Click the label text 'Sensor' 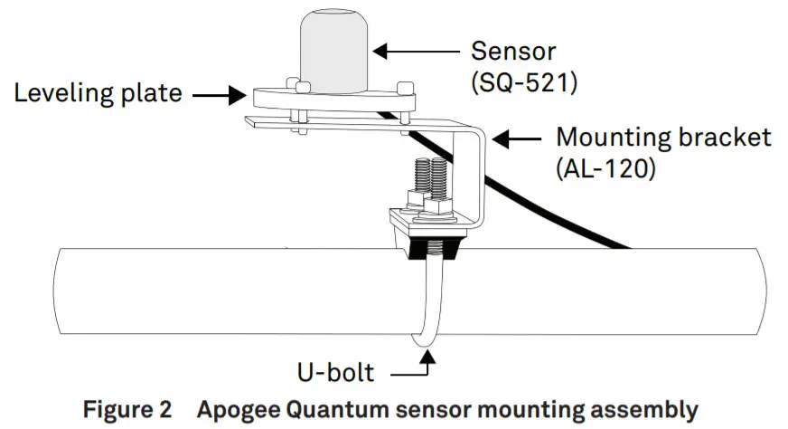(x=515, y=50)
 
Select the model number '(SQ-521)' (x=524, y=83)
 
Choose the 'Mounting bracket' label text (x=663, y=138)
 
